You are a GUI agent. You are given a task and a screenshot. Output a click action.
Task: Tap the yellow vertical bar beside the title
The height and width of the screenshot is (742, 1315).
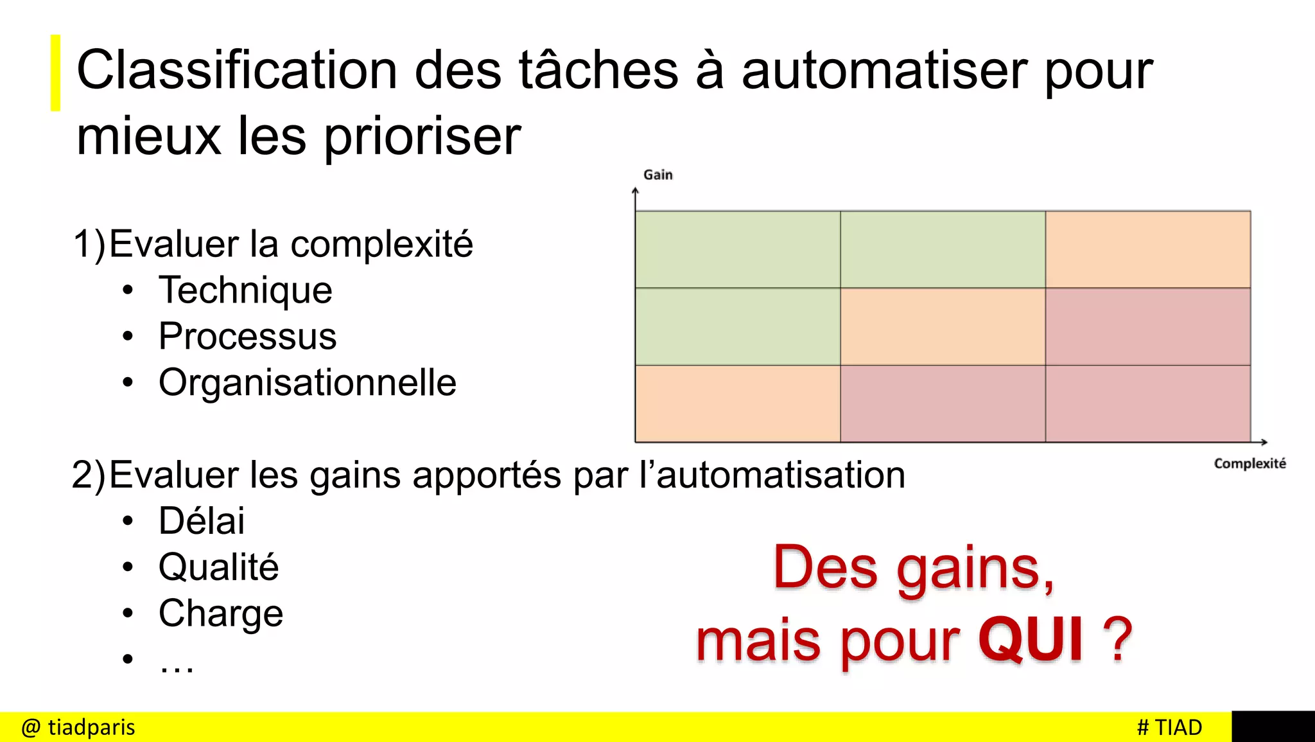pos(56,73)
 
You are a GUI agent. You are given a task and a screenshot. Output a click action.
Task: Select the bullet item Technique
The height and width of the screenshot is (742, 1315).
pos(245,290)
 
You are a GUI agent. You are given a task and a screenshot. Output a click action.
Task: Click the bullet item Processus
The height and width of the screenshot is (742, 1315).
pos(247,337)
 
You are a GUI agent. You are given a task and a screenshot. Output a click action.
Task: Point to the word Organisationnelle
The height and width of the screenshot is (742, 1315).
pos(307,383)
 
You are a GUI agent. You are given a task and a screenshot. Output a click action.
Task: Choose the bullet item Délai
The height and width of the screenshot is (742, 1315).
pos(202,521)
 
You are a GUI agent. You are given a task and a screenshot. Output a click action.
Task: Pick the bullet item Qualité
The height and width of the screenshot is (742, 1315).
pos(218,567)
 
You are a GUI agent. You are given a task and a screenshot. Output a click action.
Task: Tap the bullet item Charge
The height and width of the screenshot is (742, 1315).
pos(221,614)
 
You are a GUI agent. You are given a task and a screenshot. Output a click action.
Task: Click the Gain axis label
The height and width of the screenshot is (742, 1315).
pos(657,175)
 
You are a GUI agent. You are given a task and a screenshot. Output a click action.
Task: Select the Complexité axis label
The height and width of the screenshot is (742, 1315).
pos(1250,464)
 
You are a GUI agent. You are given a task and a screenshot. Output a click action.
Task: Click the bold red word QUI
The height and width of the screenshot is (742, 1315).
pos(1031,640)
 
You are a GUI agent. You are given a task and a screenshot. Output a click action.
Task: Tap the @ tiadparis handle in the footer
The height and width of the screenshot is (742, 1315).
pos(78,727)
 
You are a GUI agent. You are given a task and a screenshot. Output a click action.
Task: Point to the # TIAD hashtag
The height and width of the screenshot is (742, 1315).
pos(1169,727)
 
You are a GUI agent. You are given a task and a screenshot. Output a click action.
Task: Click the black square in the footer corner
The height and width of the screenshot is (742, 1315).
pos(1273,727)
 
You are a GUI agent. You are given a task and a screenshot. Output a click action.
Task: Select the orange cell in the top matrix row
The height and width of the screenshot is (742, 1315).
pos(1147,249)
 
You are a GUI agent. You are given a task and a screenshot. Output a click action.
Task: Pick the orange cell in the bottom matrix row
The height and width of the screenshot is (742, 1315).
pos(738,403)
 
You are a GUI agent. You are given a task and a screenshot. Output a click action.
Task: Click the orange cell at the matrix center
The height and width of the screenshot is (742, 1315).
pos(943,326)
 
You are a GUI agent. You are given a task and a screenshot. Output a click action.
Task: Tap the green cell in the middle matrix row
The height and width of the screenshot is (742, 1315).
pos(738,326)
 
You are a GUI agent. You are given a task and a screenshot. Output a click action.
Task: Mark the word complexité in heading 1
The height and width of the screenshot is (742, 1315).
pos(381,245)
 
